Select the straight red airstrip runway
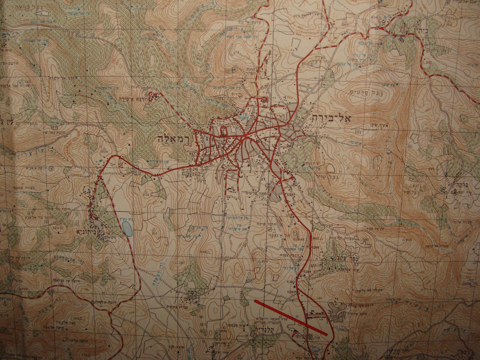tap(291, 317)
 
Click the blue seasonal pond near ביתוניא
tap(126, 229)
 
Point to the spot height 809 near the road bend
tap(105, 151)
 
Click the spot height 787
tap(181, 263)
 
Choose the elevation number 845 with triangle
tap(204, 252)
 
